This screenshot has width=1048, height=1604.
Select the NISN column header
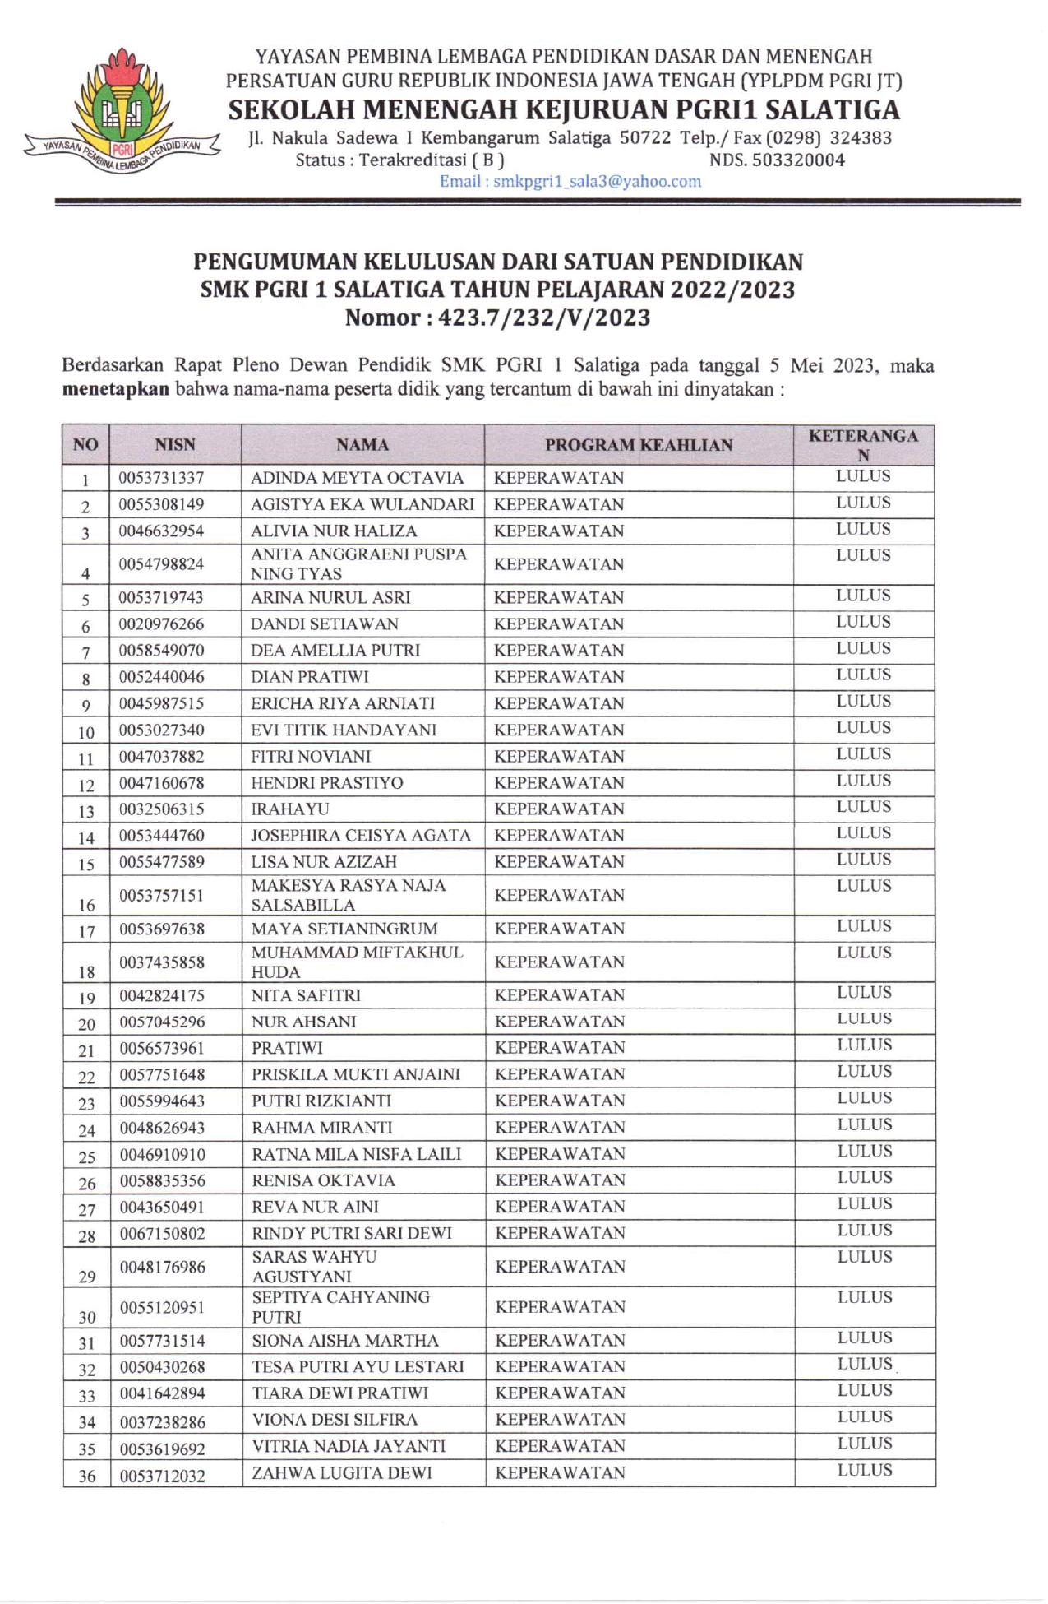[175, 445]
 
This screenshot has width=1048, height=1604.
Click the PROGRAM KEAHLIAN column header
[639, 445]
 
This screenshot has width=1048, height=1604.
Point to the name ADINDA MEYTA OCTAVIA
[357, 478]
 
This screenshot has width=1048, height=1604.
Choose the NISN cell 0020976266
[161, 624]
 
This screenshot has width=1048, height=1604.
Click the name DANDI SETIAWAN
[324, 624]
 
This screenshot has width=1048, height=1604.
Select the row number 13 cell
[86, 811]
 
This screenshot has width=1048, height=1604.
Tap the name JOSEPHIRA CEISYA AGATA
[361, 836]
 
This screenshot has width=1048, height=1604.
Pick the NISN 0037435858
[162, 962]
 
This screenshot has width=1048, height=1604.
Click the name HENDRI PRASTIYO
[326, 783]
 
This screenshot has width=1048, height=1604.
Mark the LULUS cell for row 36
[865, 1470]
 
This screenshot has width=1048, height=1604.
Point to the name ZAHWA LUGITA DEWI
[341, 1473]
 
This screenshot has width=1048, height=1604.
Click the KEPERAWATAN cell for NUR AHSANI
[560, 1022]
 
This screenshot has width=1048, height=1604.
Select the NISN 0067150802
[163, 1234]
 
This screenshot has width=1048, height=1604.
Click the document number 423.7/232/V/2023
[544, 318]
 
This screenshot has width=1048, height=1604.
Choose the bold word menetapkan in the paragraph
[116, 389]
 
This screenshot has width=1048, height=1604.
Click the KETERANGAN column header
[863, 445]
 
